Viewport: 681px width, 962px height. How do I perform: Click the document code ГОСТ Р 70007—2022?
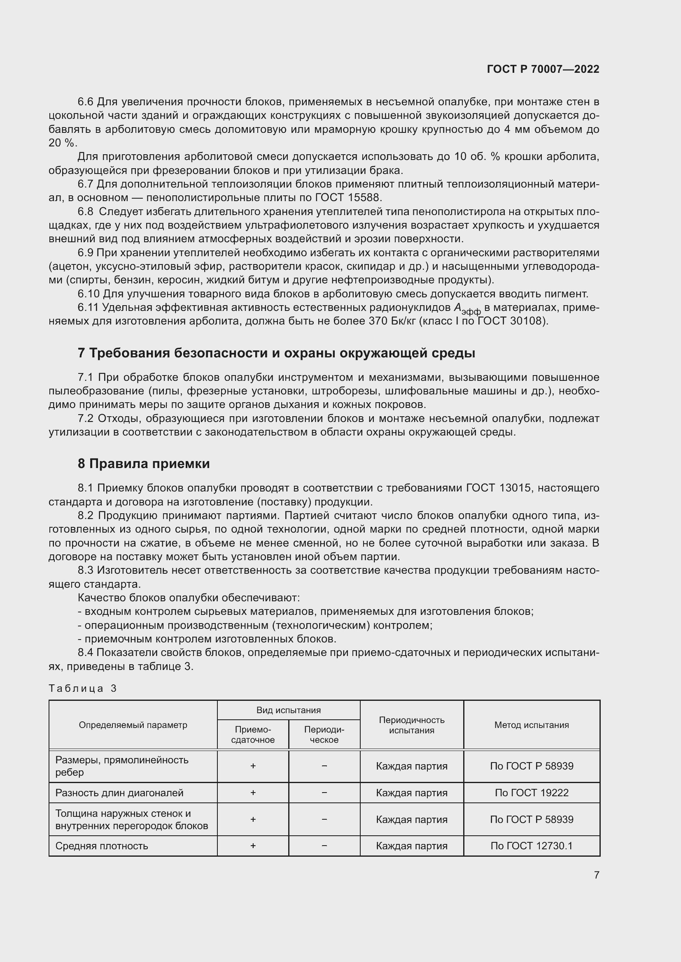pyautogui.click(x=543, y=69)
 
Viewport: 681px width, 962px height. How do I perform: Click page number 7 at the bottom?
pyautogui.click(x=596, y=874)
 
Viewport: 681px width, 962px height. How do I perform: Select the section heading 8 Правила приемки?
pyautogui.click(x=143, y=464)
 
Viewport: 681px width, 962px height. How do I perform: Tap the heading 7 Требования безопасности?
pyautogui.click(x=276, y=353)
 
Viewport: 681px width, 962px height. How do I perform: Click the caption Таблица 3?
pyautogui.click(x=83, y=688)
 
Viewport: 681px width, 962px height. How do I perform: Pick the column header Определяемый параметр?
pyautogui.click(x=133, y=724)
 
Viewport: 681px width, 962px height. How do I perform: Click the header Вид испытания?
pyautogui.click(x=289, y=710)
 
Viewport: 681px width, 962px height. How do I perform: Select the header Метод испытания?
pyautogui.click(x=531, y=724)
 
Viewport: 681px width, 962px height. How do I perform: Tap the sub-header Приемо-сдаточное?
pyautogui.click(x=253, y=735)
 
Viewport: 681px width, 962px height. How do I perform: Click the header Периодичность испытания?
pyautogui.click(x=411, y=724)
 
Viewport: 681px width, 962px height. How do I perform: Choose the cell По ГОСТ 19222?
pyautogui.click(x=531, y=792)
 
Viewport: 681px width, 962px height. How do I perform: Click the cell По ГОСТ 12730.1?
pyautogui.click(x=531, y=846)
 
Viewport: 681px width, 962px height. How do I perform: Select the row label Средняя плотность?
pyautogui.click(x=102, y=846)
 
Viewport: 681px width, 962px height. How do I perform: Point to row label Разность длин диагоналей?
pyautogui.click(x=119, y=792)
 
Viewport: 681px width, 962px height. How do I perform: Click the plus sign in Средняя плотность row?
pyautogui.click(x=253, y=846)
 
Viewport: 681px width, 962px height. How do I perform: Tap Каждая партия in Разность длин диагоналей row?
pyautogui.click(x=411, y=792)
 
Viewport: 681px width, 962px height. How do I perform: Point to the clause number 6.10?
pyautogui.click(x=88, y=294)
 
